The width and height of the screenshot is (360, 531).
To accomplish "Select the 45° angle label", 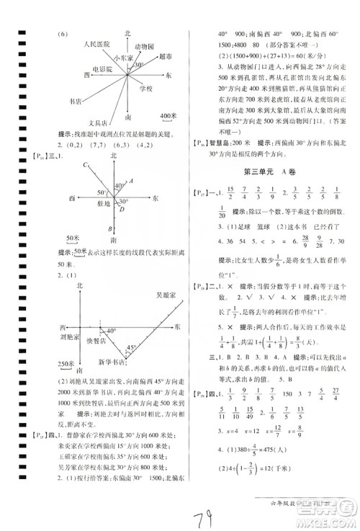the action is [131, 349].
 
